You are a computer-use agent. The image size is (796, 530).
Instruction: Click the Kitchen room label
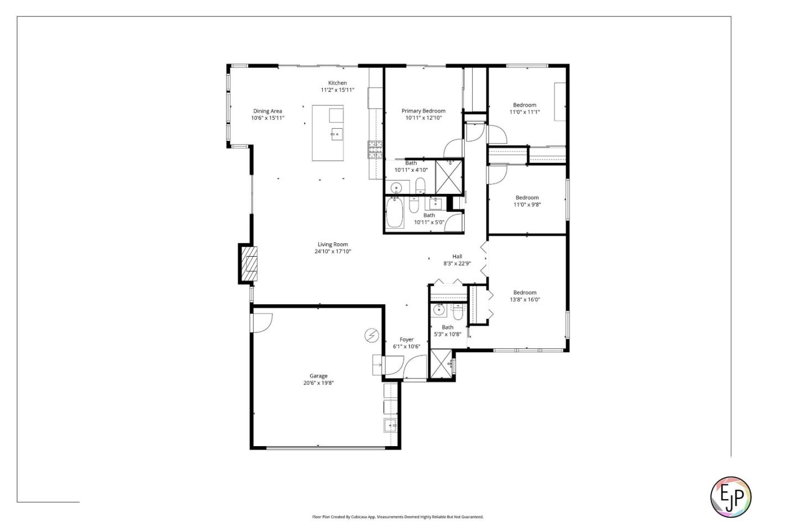337,83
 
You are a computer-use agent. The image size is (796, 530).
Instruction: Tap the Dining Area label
268,111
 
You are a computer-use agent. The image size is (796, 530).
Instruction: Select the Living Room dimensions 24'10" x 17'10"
333,252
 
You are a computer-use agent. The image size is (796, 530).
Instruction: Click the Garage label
318,376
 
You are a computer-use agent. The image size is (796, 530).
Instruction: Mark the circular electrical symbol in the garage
371,335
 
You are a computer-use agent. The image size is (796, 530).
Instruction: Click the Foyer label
406,340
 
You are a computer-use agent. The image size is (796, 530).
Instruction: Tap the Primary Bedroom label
423,111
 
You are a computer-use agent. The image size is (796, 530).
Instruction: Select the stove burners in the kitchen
376,150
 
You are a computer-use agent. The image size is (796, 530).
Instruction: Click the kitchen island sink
336,134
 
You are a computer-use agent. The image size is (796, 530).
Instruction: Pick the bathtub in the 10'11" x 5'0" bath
395,213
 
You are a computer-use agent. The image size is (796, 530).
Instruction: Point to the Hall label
457,256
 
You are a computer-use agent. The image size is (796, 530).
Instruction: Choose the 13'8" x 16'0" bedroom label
525,293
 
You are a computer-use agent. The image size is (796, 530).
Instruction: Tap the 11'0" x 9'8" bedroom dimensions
527,205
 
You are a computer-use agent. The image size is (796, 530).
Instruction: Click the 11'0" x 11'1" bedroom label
525,105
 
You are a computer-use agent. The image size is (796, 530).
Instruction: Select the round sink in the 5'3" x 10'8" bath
439,310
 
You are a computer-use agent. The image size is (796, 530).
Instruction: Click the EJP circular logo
730,497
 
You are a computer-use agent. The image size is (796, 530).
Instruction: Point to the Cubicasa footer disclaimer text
397,517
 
